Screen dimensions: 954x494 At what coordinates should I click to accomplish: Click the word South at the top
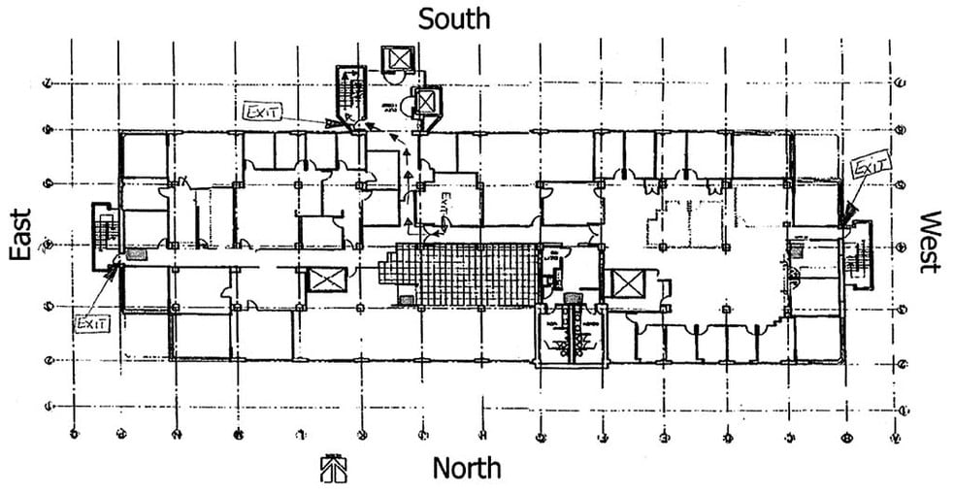453,18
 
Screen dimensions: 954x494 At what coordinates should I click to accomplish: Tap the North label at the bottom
467,469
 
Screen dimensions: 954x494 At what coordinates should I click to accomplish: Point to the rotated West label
931,242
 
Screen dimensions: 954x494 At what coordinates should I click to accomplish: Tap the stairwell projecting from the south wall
350,94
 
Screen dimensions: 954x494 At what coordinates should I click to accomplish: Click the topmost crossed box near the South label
398,59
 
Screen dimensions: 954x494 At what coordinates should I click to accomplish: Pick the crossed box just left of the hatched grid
320,280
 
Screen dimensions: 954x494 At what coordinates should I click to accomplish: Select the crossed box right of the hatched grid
622,285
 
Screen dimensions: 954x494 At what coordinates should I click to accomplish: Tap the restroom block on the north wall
571,335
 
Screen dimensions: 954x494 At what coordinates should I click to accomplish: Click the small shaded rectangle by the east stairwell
135,255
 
